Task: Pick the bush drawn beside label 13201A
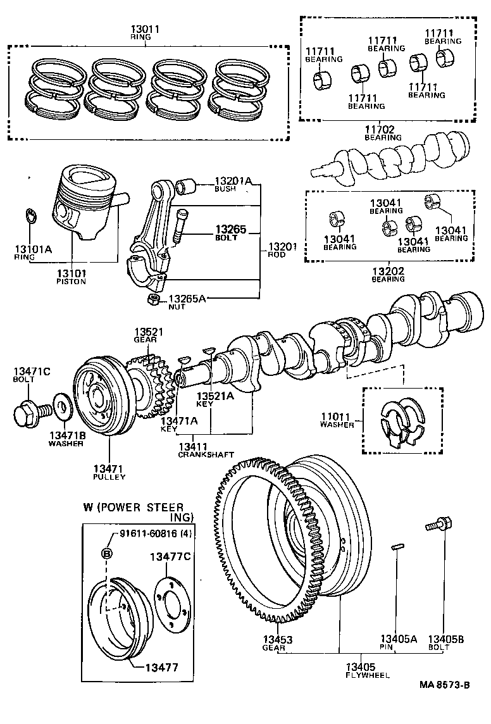187,186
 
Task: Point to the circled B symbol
107,554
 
